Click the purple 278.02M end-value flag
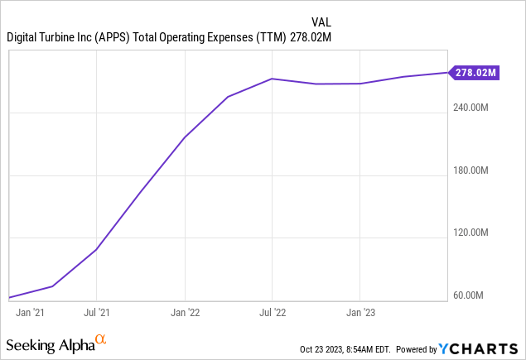click(x=475, y=72)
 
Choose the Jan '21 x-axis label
click(x=31, y=313)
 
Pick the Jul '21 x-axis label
click(x=97, y=313)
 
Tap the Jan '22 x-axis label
click(x=184, y=313)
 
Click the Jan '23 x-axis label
click(x=360, y=313)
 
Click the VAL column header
click(x=322, y=22)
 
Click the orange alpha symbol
click(x=100, y=339)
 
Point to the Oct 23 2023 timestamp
click(x=347, y=348)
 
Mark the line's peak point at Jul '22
click(x=273, y=79)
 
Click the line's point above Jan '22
click(x=184, y=137)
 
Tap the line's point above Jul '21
click(x=97, y=249)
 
